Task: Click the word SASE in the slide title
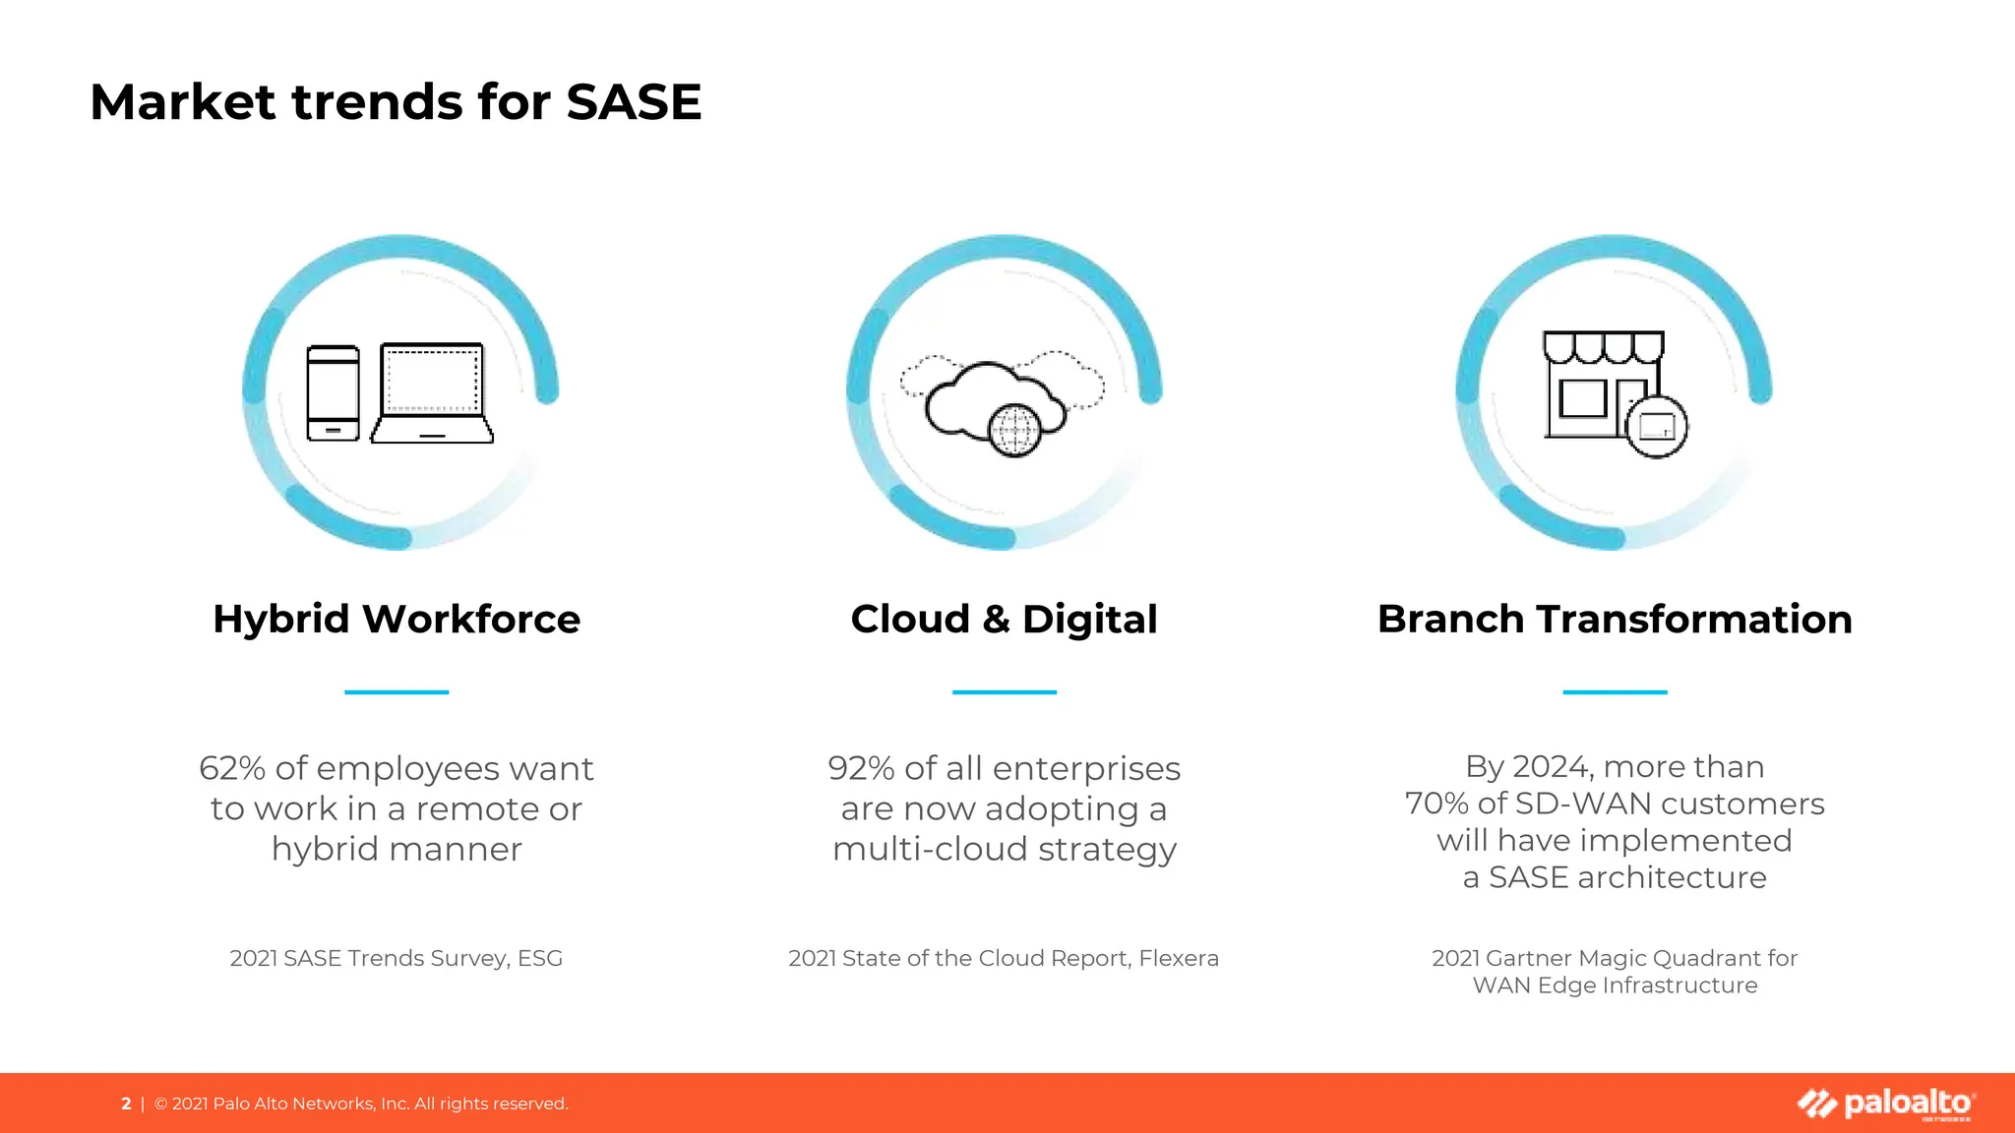coord(634,102)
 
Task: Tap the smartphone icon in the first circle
coord(333,393)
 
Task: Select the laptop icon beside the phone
coord(432,393)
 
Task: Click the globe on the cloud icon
coord(1014,430)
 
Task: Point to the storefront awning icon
coord(1603,347)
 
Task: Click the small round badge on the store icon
coord(1657,427)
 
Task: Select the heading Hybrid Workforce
coord(397,620)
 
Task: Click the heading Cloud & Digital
coord(1004,620)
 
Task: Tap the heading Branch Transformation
coord(1615,620)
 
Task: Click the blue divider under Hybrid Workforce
coord(397,692)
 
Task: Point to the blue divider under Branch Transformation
coord(1615,692)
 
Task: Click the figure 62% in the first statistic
coord(232,768)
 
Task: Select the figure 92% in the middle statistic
coord(861,768)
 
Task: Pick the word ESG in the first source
coord(540,958)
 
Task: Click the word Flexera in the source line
coord(1179,958)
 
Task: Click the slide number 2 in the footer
coord(126,1103)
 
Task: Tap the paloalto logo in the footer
coord(1886,1103)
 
